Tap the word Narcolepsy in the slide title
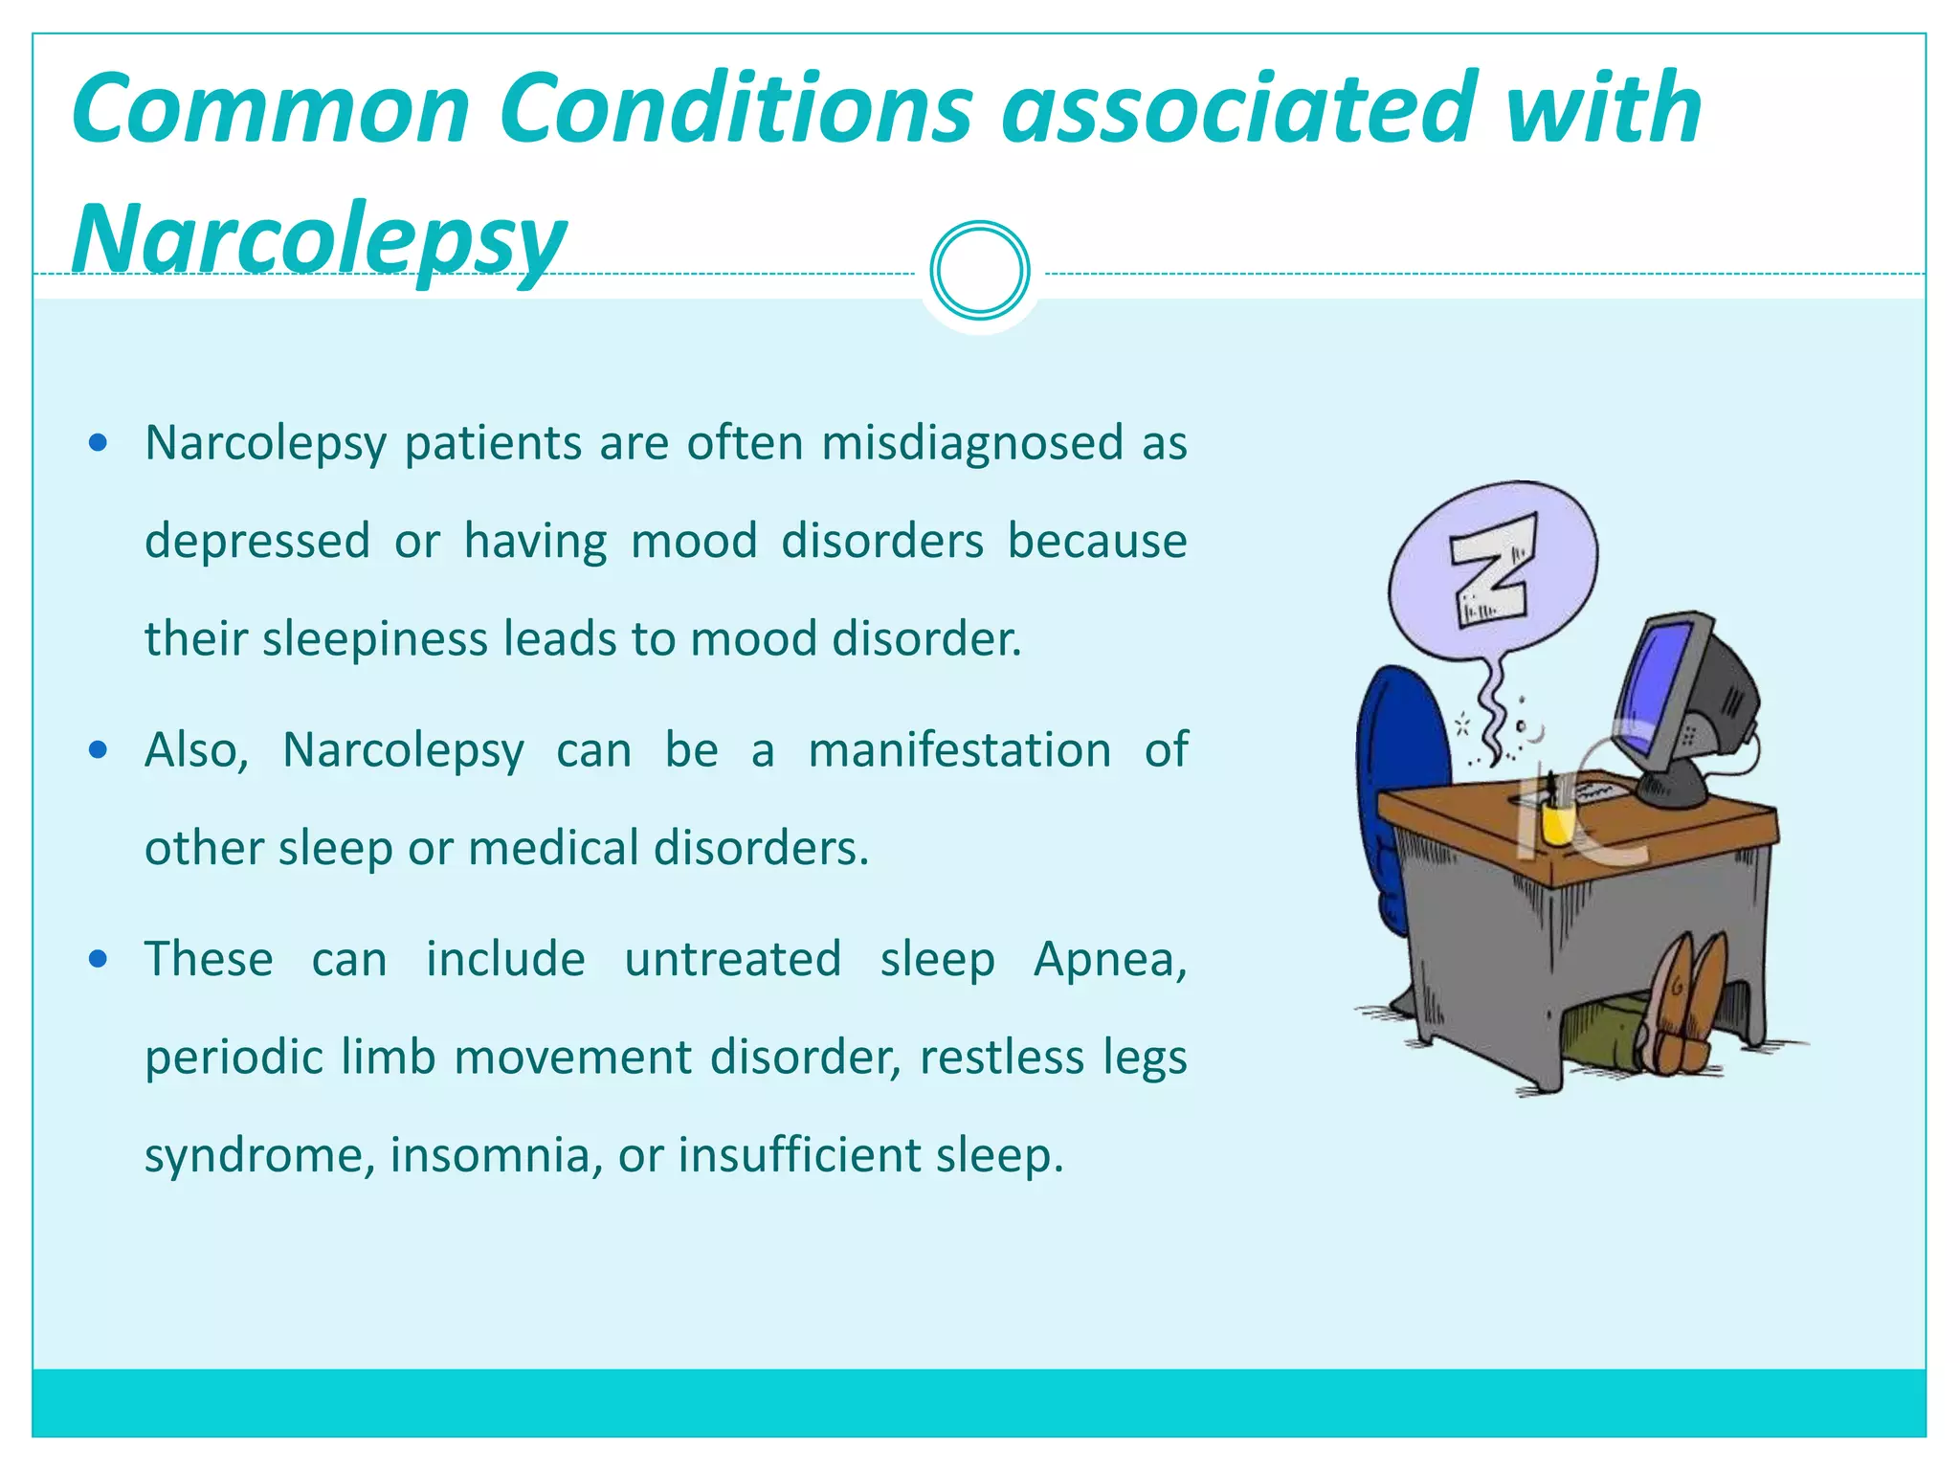point(319,237)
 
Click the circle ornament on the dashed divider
point(979,270)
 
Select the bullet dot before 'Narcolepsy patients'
point(98,443)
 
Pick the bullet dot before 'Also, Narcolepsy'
point(98,749)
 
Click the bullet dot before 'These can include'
point(98,959)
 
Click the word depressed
point(256,541)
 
